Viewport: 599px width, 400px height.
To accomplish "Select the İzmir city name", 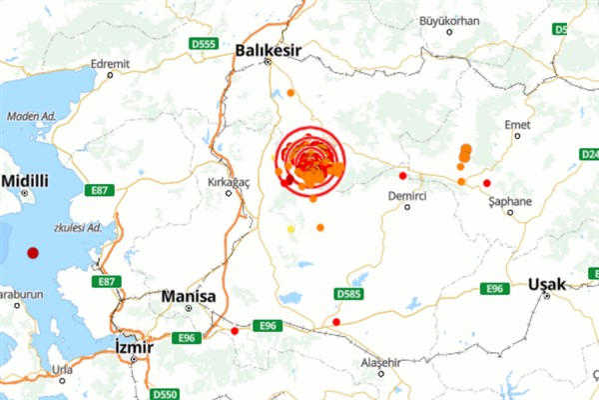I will point(133,347).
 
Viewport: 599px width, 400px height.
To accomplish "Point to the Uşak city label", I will point(548,284).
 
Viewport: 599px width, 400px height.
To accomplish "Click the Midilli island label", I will point(25,181).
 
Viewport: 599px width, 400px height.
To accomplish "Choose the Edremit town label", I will point(110,63).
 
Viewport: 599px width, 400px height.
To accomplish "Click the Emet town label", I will point(517,124).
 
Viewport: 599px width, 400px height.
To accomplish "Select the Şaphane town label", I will point(510,201).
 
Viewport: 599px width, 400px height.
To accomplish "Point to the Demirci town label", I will point(407,198).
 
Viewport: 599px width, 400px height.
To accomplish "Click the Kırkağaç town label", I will point(228,180).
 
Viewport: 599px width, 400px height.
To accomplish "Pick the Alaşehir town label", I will point(378,361).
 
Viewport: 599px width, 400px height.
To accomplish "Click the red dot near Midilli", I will point(33,253).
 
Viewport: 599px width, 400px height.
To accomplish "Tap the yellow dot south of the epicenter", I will point(292,229).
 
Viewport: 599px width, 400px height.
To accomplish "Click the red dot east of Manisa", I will point(235,331).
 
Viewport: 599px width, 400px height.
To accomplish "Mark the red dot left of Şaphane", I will point(486,183).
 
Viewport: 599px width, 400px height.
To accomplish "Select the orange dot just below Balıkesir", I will point(291,93).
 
